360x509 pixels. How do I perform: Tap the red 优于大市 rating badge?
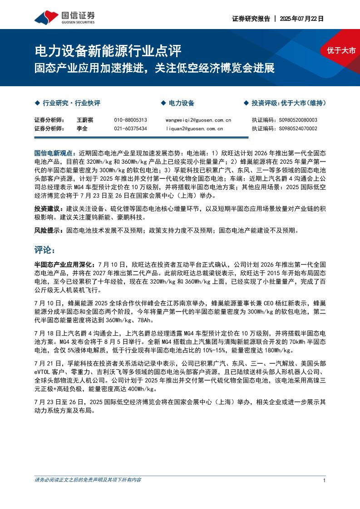click(x=341, y=50)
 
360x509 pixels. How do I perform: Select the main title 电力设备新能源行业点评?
click(x=108, y=50)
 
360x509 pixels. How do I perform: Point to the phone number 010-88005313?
click(x=130, y=120)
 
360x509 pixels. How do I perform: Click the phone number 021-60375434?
click(x=130, y=129)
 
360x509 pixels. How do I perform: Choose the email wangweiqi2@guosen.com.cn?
click(x=198, y=120)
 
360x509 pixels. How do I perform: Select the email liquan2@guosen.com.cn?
click(x=194, y=129)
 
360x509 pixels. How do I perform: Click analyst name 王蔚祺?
click(x=85, y=120)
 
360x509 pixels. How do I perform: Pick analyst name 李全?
click(x=82, y=129)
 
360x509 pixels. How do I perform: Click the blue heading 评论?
click(x=44, y=250)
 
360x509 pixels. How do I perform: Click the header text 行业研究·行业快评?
click(x=71, y=103)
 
